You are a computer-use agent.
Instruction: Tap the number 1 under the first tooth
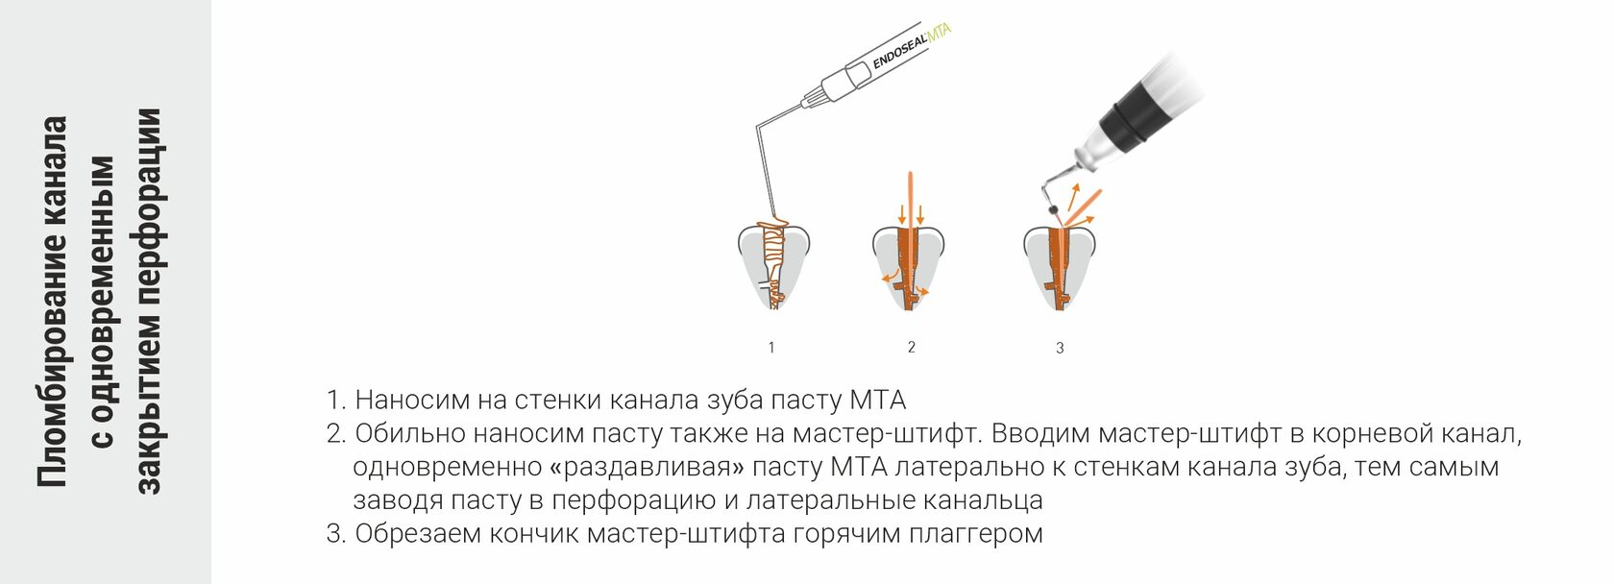771,348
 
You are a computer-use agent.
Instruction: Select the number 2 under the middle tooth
912,347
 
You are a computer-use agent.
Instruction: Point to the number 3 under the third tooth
1060,348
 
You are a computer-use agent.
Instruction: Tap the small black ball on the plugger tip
1053,209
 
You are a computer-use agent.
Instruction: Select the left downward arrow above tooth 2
901,212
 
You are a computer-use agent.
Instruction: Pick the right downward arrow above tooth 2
921,212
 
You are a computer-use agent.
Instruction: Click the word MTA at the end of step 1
878,400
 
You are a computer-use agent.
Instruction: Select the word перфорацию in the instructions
635,500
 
